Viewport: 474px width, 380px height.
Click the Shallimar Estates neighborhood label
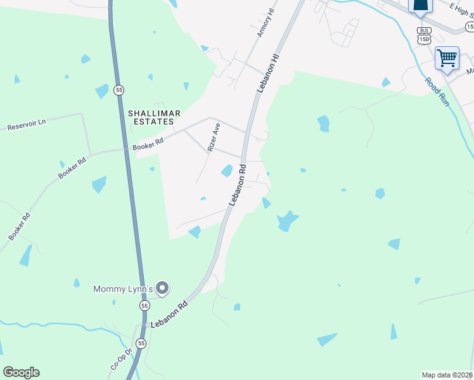pos(155,117)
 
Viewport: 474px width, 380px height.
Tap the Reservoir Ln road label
pos(27,125)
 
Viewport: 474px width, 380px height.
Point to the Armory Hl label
pos(266,23)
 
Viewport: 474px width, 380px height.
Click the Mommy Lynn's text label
pos(124,289)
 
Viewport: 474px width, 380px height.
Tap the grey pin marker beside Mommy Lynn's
pos(163,289)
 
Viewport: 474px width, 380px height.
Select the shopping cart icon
pos(447,58)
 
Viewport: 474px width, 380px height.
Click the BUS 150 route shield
pos(425,35)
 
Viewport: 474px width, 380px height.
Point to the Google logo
pos(21,372)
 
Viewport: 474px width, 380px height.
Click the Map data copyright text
pos(447,374)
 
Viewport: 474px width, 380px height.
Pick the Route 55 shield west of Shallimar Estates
pos(119,91)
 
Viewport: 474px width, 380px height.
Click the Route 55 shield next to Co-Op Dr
pos(141,343)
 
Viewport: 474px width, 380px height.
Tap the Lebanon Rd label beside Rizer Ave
pos(237,185)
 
